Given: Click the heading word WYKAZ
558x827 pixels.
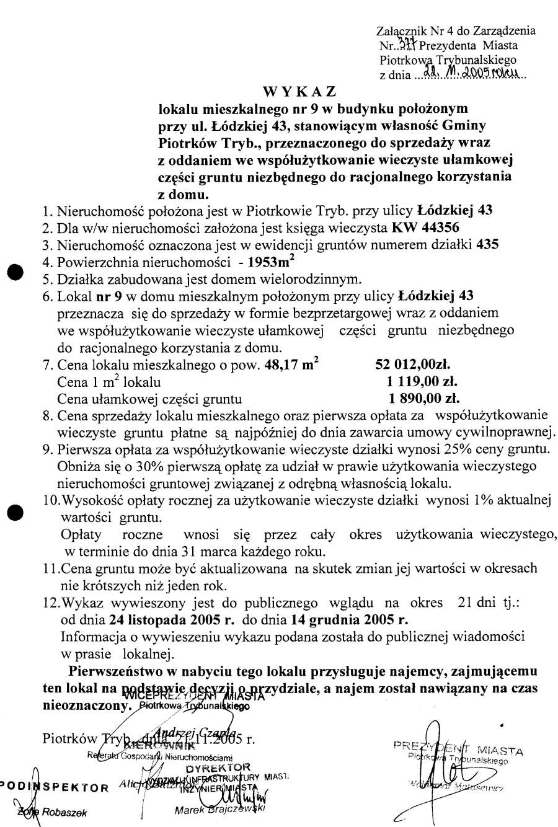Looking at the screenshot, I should pos(299,92).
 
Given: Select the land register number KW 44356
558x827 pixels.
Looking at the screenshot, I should pos(426,227).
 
